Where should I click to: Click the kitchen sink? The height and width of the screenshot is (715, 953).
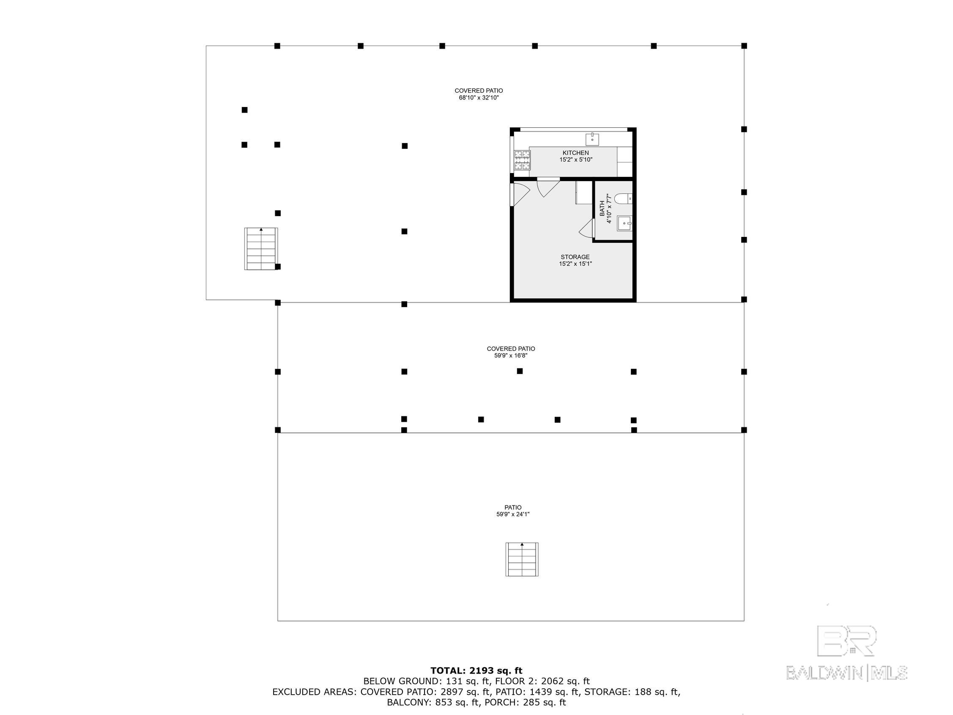(592, 139)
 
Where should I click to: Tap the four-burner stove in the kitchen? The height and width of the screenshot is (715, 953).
(522, 160)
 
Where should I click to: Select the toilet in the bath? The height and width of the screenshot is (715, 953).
(623, 199)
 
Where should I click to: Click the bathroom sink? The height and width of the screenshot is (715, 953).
(624, 223)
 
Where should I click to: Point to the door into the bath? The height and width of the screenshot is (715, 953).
(587, 228)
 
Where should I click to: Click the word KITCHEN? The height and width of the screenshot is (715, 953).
(575, 153)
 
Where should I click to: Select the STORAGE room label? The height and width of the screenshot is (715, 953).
(575, 257)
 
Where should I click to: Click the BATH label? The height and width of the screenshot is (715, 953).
(602, 208)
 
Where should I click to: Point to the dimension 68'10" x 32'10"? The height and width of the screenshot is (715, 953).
(479, 98)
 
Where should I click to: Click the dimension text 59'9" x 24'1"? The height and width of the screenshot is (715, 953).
(513, 514)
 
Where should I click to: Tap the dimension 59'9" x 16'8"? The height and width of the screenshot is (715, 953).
(511, 355)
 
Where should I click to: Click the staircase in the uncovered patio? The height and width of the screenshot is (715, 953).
(522, 559)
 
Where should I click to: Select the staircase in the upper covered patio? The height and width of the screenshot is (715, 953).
(261, 249)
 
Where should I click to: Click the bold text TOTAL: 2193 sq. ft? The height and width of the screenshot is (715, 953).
(476, 671)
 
